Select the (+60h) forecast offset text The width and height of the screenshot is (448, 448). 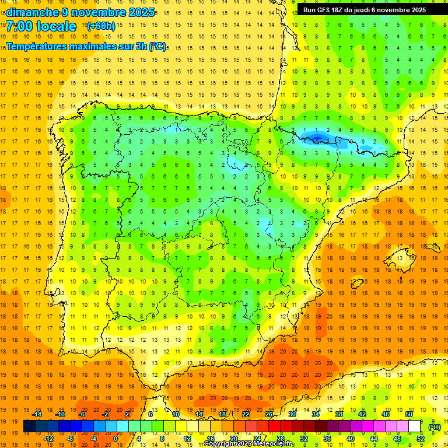coord(101,26)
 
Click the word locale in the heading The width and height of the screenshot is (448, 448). coord(57,26)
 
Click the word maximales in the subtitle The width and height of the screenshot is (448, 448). coord(96,46)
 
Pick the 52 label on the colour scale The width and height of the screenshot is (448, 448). coord(421,439)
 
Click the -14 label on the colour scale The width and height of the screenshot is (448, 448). coord(37,414)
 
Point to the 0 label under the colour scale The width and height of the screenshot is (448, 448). coord(116,439)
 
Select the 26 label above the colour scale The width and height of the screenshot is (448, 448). coord(269,414)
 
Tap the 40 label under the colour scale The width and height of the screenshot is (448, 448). coord(351,439)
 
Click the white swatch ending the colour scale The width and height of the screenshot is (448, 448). coord(415,426)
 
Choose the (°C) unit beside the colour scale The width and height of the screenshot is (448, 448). coord(435,427)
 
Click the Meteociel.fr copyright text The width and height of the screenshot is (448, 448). coord(249,444)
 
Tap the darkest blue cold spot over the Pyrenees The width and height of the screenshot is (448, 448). coord(317,137)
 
